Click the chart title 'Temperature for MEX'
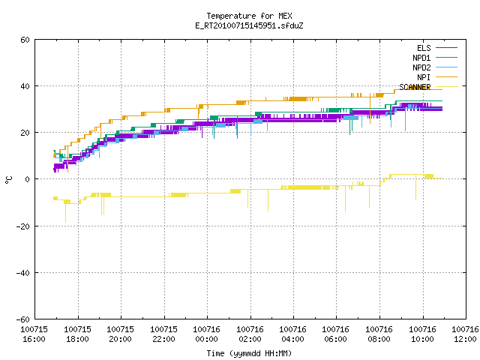pos(249,16)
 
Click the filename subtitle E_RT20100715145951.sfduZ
pos(249,25)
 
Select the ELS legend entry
pos(437,48)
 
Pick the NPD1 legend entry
pos(435,58)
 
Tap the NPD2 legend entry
pos(435,67)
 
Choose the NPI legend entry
pos(437,77)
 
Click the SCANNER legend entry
pos(428,87)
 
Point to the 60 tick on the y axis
pos(25,40)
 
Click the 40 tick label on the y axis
pos(25,86)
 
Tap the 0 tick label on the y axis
pos(27,179)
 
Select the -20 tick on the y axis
pos(23,226)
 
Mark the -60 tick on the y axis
pos(23,319)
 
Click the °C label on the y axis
pos(8,180)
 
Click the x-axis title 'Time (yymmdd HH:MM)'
pos(249,353)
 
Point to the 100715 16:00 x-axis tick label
pos(34,334)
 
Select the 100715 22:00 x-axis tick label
pos(163,334)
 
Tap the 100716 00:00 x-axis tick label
pos(207,334)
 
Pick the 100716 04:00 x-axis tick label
pos(293,334)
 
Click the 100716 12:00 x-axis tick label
pos(465,334)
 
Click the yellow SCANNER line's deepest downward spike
pos(65,222)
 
